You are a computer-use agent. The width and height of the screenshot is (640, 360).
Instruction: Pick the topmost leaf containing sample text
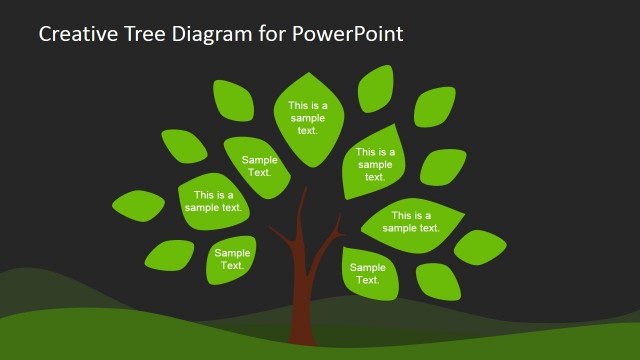(x=308, y=117)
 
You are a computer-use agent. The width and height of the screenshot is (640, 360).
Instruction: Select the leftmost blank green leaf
(x=138, y=205)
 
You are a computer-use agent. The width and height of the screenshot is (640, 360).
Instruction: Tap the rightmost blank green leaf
(x=480, y=246)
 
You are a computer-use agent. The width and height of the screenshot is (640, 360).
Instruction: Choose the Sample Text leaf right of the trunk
(x=367, y=273)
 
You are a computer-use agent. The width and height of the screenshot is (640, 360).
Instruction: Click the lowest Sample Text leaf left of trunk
(x=232, y=260)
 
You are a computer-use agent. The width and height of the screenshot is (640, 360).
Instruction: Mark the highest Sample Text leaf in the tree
(x=258, y=165)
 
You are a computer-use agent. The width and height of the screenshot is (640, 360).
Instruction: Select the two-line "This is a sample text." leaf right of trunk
(x=411, y=222)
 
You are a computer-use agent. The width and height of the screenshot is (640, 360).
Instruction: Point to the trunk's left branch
(x=281, y=238)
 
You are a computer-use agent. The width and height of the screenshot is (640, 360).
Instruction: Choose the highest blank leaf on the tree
(x=376, y=88)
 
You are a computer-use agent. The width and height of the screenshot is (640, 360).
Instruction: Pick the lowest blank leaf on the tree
(x=438, y=281)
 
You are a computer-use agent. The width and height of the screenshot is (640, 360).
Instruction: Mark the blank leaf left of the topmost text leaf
(x=233, y=100)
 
